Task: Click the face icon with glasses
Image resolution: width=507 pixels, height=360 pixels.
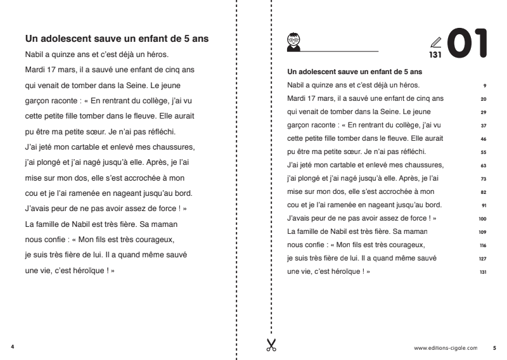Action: (x=293, y=39)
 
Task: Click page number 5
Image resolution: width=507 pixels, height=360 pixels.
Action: (x=494, y=347)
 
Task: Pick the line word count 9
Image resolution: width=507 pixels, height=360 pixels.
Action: (x=484, y=85)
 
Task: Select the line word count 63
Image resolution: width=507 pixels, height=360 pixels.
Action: (x=483, y=165)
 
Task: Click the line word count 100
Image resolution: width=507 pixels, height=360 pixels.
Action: (x=482, y=218)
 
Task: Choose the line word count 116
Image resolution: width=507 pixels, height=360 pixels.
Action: (x=482, y=245)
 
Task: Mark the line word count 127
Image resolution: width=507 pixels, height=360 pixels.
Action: (x=482, y=258)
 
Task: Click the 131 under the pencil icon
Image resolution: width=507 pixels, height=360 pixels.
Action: (x=435, y=55)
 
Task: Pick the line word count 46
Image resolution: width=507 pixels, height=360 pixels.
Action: (x=483, y=138)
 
